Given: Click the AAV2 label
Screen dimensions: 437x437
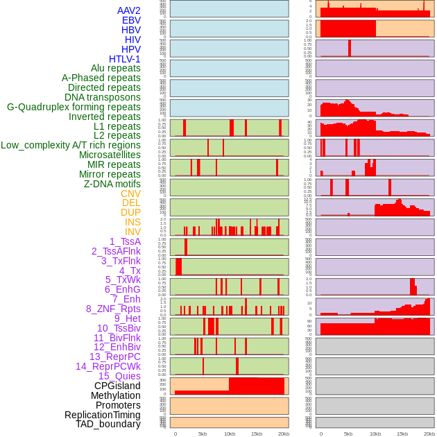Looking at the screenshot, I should (x=128, y=10).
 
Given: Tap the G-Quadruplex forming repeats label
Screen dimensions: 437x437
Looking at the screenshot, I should (x=74, y=107).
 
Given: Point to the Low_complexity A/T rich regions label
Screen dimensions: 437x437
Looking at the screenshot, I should (x=71, y=145).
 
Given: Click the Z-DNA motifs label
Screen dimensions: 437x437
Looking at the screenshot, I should (x=112, y=184).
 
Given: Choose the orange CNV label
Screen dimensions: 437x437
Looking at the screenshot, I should (x=130, y=194).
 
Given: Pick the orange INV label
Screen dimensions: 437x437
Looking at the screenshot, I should (x=132, y=232).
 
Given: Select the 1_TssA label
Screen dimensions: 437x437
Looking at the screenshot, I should (x=125, y=241).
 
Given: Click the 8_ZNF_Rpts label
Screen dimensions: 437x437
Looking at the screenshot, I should (x=113, y=309).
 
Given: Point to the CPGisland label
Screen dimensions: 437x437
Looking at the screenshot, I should (x=117, y=386).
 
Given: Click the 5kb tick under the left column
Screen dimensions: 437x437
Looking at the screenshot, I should (x=203, y=434).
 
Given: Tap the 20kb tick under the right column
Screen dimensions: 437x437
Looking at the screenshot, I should (x=429, y=434).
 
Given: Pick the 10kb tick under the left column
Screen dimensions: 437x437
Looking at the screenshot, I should (x=230, y=434).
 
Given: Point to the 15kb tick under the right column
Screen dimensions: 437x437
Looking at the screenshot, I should (x=402, y=434).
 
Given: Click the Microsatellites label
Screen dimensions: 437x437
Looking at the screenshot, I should (x=110, y=155).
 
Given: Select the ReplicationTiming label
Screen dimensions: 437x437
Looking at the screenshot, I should (x=103, y=415).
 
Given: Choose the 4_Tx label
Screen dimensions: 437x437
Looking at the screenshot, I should (x=130, y=271).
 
